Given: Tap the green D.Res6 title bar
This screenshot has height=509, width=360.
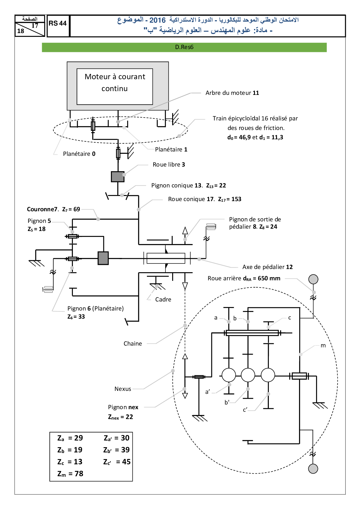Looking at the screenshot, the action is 184,47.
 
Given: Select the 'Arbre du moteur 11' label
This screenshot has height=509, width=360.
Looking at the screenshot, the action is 232,93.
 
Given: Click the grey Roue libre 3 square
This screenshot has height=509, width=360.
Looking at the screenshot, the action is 118,177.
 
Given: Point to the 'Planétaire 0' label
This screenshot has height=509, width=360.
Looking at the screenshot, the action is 79,154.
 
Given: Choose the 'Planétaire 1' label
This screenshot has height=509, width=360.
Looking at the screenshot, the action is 171,149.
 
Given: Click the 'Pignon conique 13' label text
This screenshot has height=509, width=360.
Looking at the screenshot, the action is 177,185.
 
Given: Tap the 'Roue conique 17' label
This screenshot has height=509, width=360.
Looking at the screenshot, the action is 191,199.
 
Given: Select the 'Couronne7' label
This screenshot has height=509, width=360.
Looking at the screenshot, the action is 42,209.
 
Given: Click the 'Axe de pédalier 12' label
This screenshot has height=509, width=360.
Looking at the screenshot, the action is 267,267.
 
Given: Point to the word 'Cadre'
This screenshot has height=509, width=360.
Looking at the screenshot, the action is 163,299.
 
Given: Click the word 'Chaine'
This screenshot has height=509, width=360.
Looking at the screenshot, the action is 133,344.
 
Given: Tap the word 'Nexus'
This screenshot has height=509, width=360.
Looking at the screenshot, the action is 123,389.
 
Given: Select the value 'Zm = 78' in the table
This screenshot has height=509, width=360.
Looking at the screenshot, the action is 70,474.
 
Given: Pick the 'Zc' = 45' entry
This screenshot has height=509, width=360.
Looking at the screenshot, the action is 117,462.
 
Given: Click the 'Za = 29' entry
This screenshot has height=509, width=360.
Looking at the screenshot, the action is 70,438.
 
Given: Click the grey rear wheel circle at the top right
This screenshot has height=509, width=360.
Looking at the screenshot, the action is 313,279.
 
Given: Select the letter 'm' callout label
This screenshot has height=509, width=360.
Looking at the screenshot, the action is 323,346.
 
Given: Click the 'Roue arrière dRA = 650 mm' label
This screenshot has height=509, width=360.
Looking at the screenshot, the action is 244,279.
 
